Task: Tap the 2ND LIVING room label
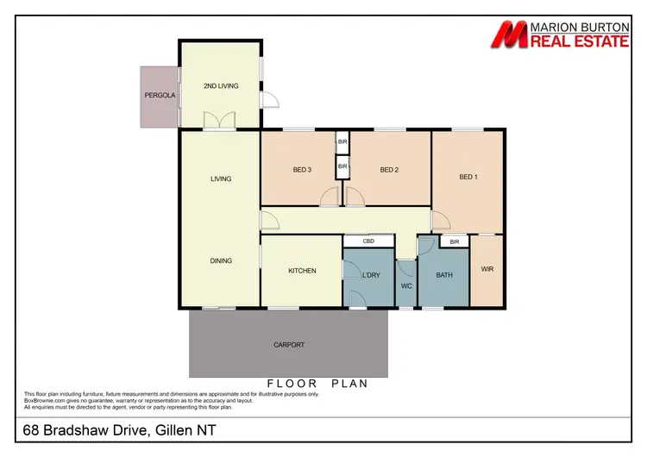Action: click(x=221, y=86)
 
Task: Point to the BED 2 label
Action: click(x=389, y=170)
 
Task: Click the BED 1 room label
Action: click(x=468, y=178)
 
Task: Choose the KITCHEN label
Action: click(x=302, y=271)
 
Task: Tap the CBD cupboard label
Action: click(x=367, y=241)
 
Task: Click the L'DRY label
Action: click(x=371, y=275)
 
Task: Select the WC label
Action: click(x=407, y=287)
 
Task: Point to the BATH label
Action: click(x=443, y=275)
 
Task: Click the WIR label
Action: click(x=487, y=268)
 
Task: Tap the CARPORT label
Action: click(x=288, y=345)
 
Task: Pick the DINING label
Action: click(x=221, y=260)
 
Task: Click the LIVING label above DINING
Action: click(x=221, y=179)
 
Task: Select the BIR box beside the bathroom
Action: click(x=453, y=243)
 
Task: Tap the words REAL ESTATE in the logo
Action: click(x=580, y=40)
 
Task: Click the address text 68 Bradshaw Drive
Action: click(x=104, y=429)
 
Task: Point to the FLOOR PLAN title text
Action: click(x=317, y=383)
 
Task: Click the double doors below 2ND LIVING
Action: click(x=226, y=122)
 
